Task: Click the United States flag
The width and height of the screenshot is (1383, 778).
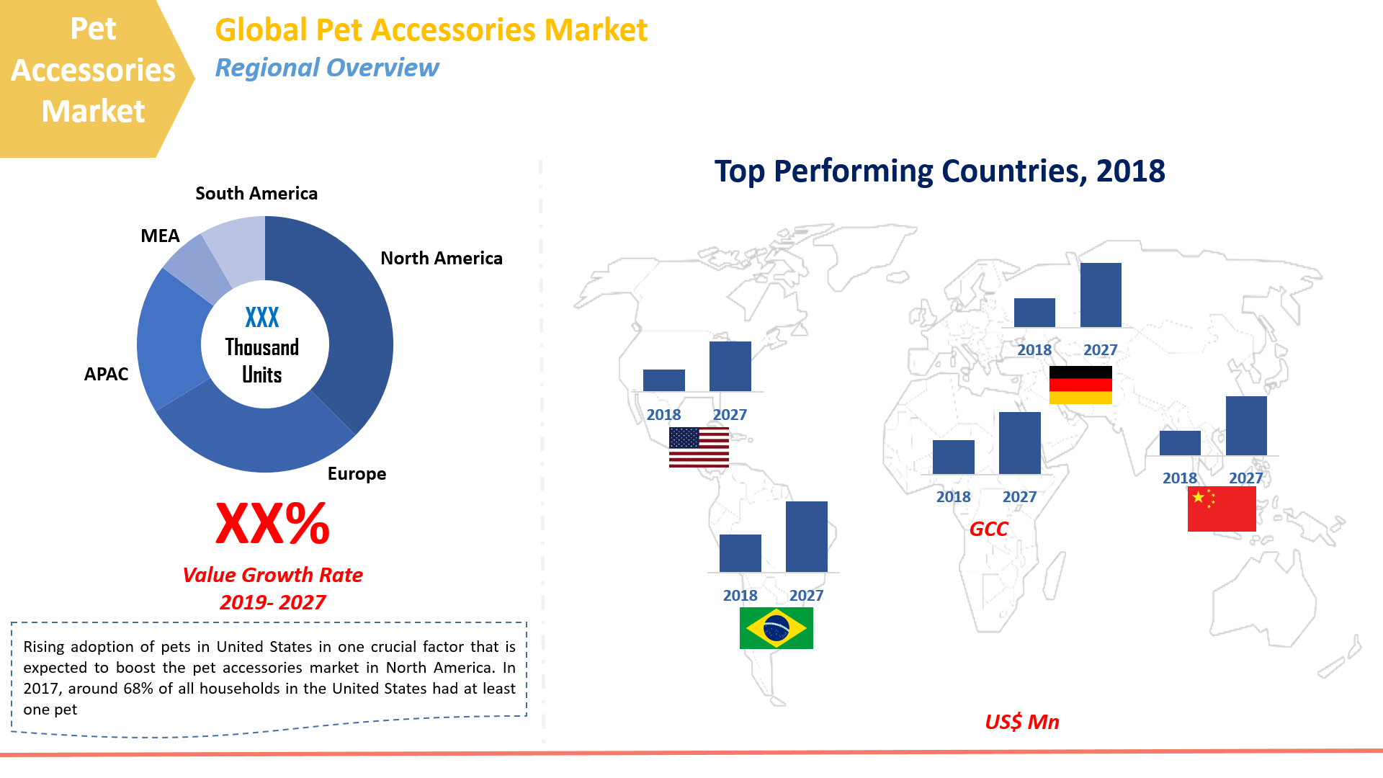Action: pyautogui.click(x=699, y=447)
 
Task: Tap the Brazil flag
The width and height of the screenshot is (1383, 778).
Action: pyautogui.click(x=776, y=628)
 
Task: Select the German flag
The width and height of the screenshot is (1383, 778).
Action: pyautogui.click(x=1080, y=385)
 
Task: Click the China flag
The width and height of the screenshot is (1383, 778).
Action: pyautogui.click(x=1222, y=509)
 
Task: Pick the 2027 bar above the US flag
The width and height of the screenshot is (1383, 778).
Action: pyautogui.click(x=730, y=367)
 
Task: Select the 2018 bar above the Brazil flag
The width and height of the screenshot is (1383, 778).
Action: pyautogui.click(x=740, y=553)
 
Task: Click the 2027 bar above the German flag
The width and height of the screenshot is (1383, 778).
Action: pyautogui.click(x=1101, y=295)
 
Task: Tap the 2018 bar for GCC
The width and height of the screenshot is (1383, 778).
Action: pyautogui.click(x=953, y=457)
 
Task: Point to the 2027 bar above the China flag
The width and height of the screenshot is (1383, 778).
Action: pyautogui.click(x=1246, y=426)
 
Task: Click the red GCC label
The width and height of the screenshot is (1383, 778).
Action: pyautogui.click(x=988, y=529)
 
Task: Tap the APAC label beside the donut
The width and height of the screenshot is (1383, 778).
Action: pyautogui.click(x=106, y=374)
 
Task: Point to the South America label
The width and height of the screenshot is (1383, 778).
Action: pyautogui.click(x=256, y=194)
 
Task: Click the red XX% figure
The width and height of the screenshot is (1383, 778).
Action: pyautogui.click(x=272, y=524)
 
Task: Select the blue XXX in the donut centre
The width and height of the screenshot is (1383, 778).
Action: pyautogui.click(x=261, y=318)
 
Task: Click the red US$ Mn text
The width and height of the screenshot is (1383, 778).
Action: pyautogui.click(x=1021, y=722)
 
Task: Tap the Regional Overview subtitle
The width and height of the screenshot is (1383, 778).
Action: pyautogui.click(x=326, y=68)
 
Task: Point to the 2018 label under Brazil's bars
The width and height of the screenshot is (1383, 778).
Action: pyautogui.click(x=740, y=596)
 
